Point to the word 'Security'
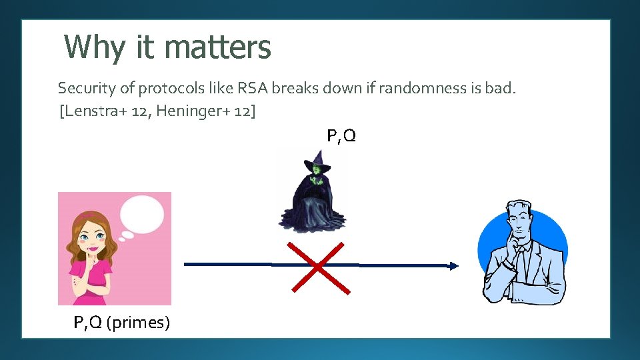[x=84, y=88]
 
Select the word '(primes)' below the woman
[x=138, y=323]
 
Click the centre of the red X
[x=319, y=267]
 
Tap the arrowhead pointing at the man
[x=454, y=266]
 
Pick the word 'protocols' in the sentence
[x=178, y=88]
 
